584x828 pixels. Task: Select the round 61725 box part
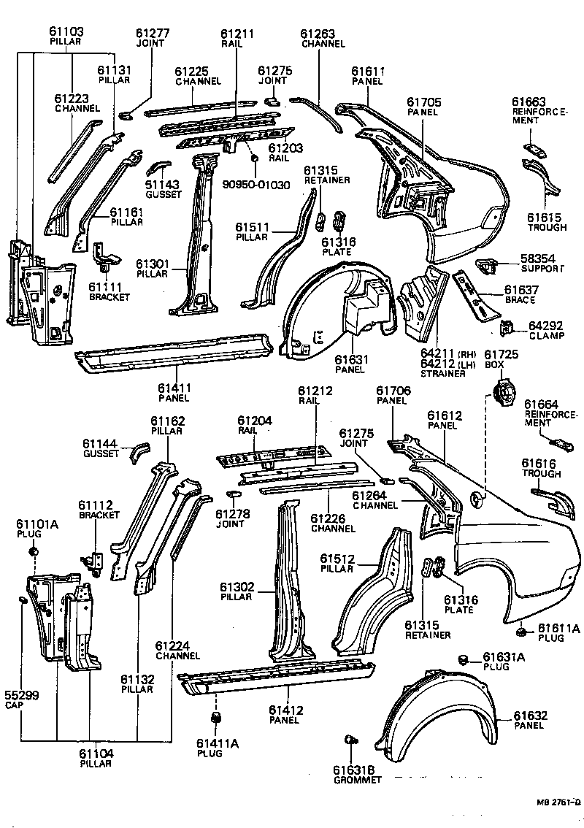click(x=502, y=395)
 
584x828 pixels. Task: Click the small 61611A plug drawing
click(x=522, y=631)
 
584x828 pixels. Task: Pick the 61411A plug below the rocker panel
click(x=216, y=720)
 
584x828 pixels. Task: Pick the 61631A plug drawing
click(x=462, y=660)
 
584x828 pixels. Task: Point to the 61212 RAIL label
click(x=315, y=396)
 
